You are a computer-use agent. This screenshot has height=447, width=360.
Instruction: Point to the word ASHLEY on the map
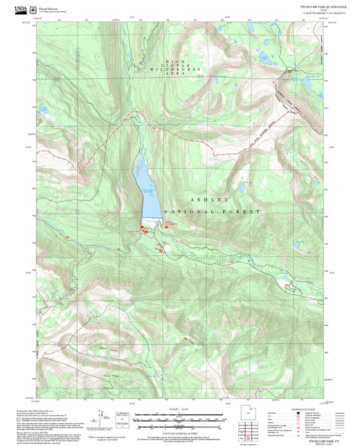[x=209, y=200]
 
